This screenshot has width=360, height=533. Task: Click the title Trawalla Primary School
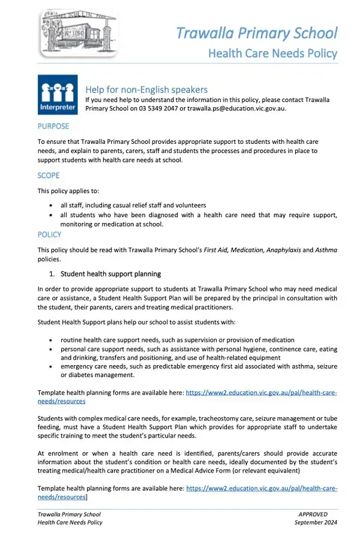pyautogui.click(x=256, y=32)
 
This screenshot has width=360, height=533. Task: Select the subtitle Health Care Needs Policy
pyautogui.click(x=272, y=53)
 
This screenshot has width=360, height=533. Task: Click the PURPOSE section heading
pyautogui.click(x=53, y=127)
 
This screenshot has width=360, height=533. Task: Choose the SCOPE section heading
pyautogui.click(x=49, y=176)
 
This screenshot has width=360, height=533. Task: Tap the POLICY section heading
pyautogui.click(x=50, y=234)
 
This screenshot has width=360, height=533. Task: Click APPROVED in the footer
pyautogui.click(x=313, y=514)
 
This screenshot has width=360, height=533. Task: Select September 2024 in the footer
pyautogui.click(x=316, y=522)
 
